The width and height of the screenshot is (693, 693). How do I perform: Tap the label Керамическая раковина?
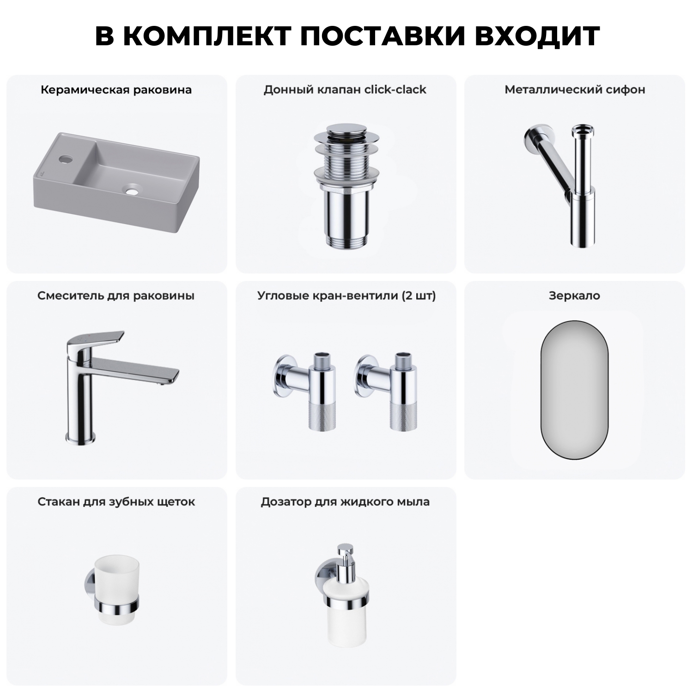tap(116, 90)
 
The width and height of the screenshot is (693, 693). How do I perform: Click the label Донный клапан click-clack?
tap(345, 90)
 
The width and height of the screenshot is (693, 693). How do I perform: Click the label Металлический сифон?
tap(574, 90)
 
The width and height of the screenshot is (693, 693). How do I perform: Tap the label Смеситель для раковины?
tap(116, 296)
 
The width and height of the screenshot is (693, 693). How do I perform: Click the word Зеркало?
tap(574, 296)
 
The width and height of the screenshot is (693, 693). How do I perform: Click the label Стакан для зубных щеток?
tap(116, 502)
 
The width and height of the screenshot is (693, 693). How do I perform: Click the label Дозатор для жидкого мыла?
tap(345, 502)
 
